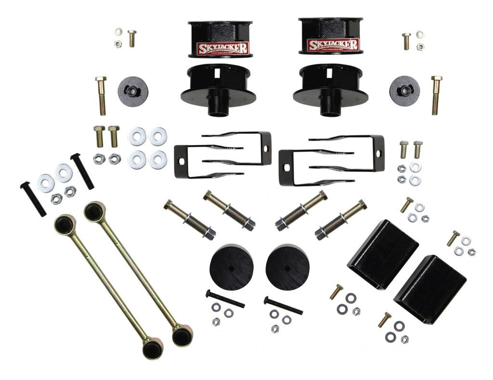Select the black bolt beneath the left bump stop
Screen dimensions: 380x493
click(x=225, y=299)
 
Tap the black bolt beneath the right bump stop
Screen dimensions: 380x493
click(x=283, y=305)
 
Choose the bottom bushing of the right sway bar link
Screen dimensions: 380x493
click(x=182, y=335)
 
